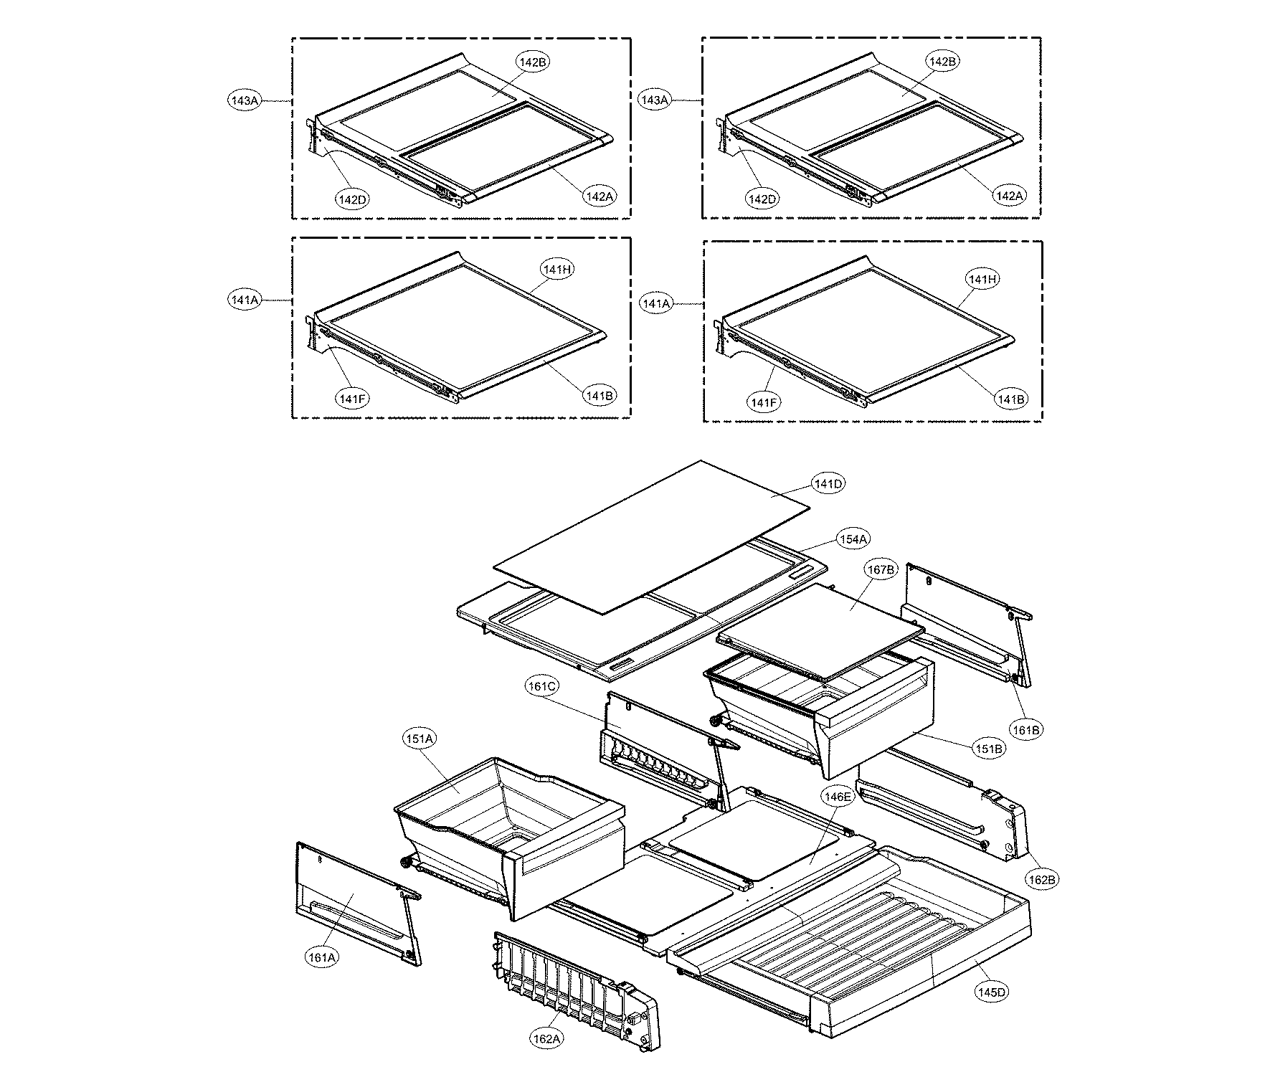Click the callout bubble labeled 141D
tap(828, 484)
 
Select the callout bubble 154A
tap(853, 539)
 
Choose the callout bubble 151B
tap(988, 749)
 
